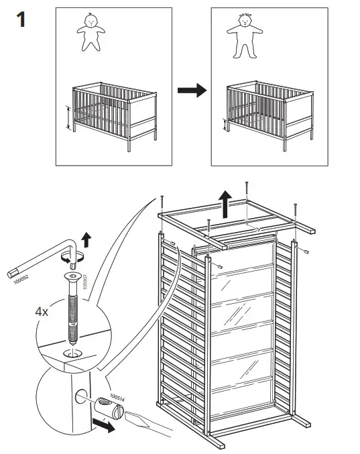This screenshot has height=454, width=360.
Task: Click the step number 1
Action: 21,19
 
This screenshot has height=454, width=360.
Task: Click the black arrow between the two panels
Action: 191,92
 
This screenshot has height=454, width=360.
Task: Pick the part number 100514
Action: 117,398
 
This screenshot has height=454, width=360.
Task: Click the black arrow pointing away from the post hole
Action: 105,427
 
